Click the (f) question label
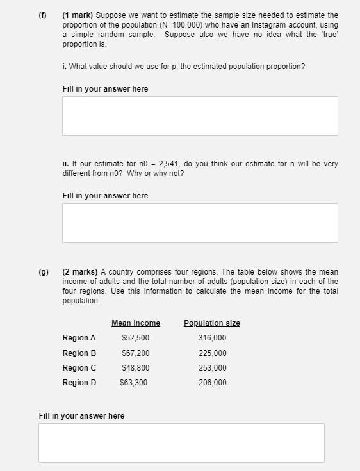coord(44,15)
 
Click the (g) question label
coord(44,272)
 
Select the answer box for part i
coord(200,116)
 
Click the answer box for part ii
coord(200,223)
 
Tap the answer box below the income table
coord(181,442)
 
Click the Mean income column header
coord(136,323)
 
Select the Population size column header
coord(212,323)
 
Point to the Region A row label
coord(79,338)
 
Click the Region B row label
coord(79,353)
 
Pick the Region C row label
coord(79,368)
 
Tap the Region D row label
coord(79,383)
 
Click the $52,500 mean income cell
coord(135,338)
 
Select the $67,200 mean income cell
coord(135,353)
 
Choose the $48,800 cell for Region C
coord(135,368)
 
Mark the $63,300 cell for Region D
coord(134,383)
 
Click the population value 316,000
coord(213,338)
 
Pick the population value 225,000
coord(213,353)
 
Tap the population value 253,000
coord(213,368)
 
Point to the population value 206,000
coord(213,383)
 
